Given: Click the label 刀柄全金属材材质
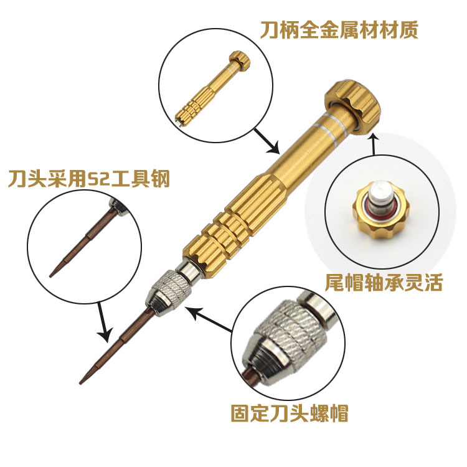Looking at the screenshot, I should point(339,29).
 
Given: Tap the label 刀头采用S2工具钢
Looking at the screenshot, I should point(88,180).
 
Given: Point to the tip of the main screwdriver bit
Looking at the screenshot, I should point(82,380).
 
